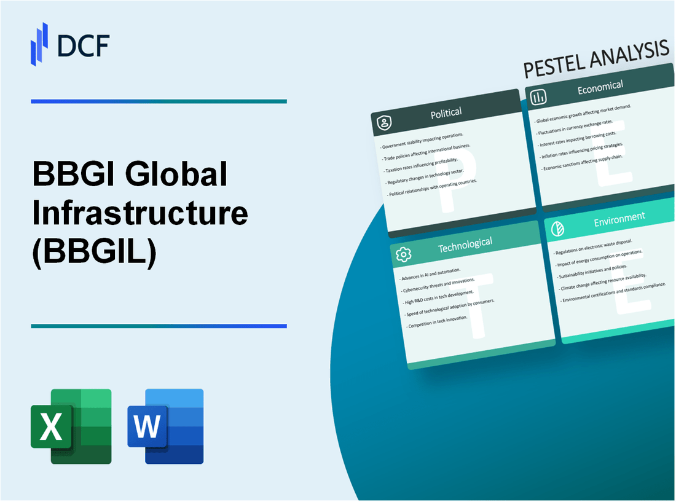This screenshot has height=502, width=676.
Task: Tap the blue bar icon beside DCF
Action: click(39, 44)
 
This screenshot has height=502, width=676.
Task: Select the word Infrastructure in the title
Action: click(140, 213)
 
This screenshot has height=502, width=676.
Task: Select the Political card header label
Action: click(447, 112)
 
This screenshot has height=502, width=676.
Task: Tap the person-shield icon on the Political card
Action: click(385, 124)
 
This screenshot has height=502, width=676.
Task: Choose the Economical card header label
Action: click(600, 87)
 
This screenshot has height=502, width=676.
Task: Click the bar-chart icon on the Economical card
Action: click(539, 97)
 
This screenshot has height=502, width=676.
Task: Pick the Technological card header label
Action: click(465, 245)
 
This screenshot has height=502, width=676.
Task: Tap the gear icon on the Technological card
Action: click(403, 254)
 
